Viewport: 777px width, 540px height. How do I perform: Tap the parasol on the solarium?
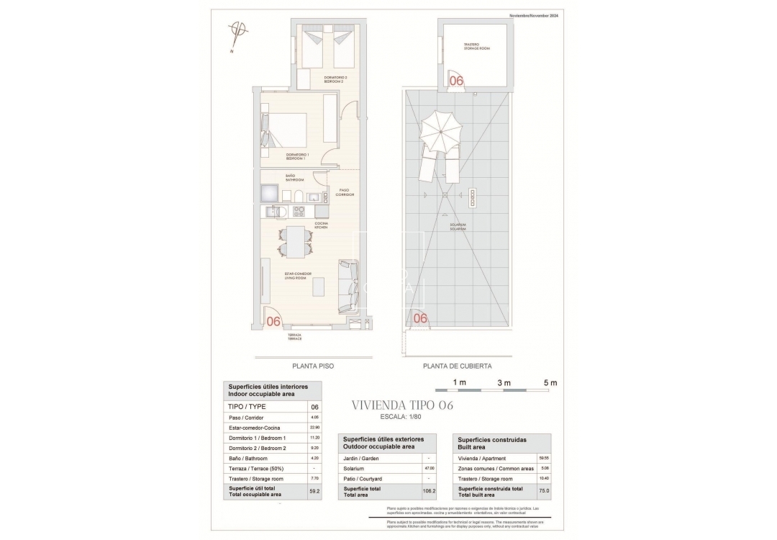tap(440, 130)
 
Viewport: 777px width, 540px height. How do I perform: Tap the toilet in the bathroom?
tap(296, 196)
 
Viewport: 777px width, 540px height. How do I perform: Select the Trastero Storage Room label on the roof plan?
tap(476, 47)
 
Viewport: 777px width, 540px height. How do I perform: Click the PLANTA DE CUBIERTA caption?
tap(458, 366)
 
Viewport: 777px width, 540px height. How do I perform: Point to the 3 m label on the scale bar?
tap(504, 382)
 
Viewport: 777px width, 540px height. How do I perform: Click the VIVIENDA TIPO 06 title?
tap(402, 405)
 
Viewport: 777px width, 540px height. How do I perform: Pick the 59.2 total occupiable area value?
tap(314, 492)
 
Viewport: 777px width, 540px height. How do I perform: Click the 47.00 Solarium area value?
tap(429, 468)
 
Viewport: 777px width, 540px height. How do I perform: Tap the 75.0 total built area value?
tap(544, 491)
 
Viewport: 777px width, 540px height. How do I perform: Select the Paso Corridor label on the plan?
tap(345, 192)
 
